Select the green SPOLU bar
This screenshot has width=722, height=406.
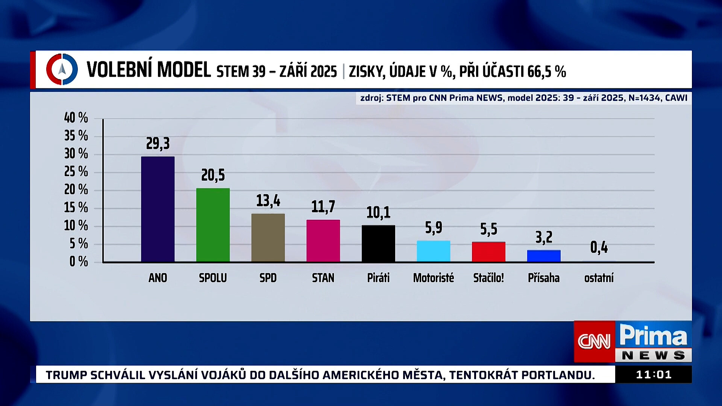tap(213, 224)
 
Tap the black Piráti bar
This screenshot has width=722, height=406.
tap(378, 243)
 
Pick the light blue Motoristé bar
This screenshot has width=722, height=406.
tap(433, 251)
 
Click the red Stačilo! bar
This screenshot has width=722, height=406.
tap(488, 251)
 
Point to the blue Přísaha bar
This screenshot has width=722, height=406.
tap(544, 256)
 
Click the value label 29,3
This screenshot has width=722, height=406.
tap(158, 144)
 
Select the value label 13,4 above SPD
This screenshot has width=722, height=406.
tap(268, 201)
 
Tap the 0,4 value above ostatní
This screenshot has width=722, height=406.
tap(599, 247)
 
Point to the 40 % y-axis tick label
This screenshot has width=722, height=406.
tap(76, 118)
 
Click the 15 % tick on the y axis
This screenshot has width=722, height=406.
tap(76, 208)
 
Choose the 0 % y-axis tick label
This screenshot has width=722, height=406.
tap(79, 262)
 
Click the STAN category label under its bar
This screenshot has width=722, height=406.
tap(323, 278)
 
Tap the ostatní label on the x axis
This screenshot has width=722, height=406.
tap(599, 278)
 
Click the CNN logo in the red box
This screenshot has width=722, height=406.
tap(594, 341)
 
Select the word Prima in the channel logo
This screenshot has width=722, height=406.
tap(653, 335)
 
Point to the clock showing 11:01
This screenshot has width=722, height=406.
tap(654, 375)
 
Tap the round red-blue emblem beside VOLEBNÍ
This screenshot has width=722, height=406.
tap(62, 70)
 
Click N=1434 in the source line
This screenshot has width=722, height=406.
tap(645, 98)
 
